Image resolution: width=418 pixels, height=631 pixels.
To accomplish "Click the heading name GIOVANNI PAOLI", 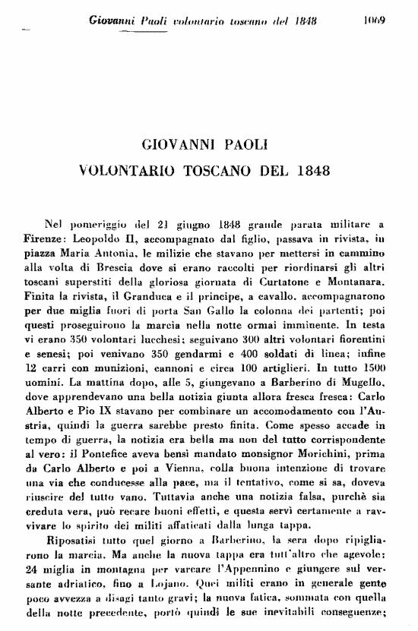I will pyautogui.click(x=204, y=143).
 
